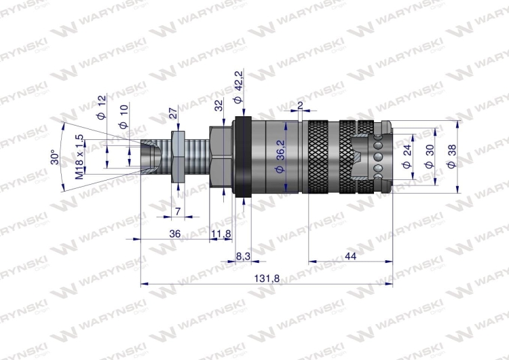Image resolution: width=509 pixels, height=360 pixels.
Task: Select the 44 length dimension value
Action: [350, 255]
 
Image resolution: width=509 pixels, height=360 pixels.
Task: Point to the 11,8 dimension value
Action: [221, 234]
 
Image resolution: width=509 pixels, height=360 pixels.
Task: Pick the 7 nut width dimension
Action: [177, 211]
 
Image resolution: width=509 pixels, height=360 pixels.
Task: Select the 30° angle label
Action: [54, 158]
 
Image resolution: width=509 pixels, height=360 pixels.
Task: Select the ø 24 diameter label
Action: [407, 158]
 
